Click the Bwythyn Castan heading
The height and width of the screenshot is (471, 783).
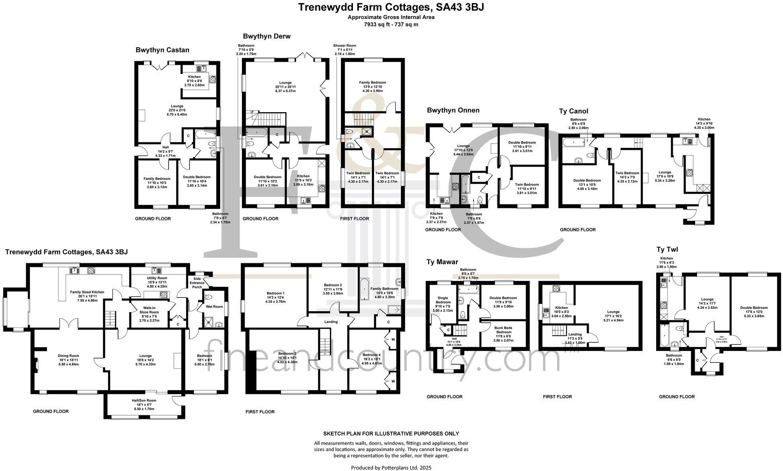point(162,50)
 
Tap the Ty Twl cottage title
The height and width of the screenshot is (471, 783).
point(667,250)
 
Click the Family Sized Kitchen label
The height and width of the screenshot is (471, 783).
point(87,292)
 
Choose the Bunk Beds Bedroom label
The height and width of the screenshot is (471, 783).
point(503,330)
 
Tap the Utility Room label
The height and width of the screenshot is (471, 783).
point(157,278)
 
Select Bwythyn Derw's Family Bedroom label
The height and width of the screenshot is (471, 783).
point(372,83)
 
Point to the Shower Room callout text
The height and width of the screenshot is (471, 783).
point(345,46)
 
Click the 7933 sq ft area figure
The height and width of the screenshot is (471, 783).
point(391,24)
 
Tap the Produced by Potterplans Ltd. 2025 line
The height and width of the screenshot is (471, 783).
point(391,468)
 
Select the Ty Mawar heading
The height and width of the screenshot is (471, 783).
point(442,262)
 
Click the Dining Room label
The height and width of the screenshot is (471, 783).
point(69,356)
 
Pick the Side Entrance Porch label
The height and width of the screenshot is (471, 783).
point(197,283)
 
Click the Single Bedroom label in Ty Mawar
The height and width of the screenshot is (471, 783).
point(442,300)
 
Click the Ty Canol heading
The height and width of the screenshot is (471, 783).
point(573,111)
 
